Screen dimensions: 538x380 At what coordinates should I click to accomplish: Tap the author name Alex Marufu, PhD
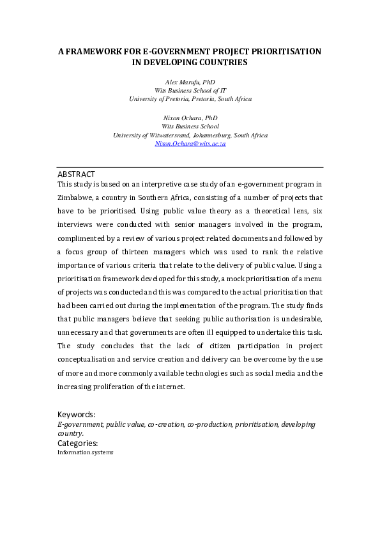pos(190,82)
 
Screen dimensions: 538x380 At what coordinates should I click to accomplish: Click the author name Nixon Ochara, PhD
pos(190,118)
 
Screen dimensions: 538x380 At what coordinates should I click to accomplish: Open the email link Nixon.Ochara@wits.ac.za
pos(190,144)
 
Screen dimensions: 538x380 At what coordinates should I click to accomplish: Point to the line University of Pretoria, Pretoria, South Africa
pos(190,99)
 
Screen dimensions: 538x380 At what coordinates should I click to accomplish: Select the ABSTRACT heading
pos(76,174)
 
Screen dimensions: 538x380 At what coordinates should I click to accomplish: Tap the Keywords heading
pos(76,414)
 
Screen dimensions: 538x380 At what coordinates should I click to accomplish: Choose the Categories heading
pos(78,443)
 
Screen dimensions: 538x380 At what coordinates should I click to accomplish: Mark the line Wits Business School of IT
pos(190,91)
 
